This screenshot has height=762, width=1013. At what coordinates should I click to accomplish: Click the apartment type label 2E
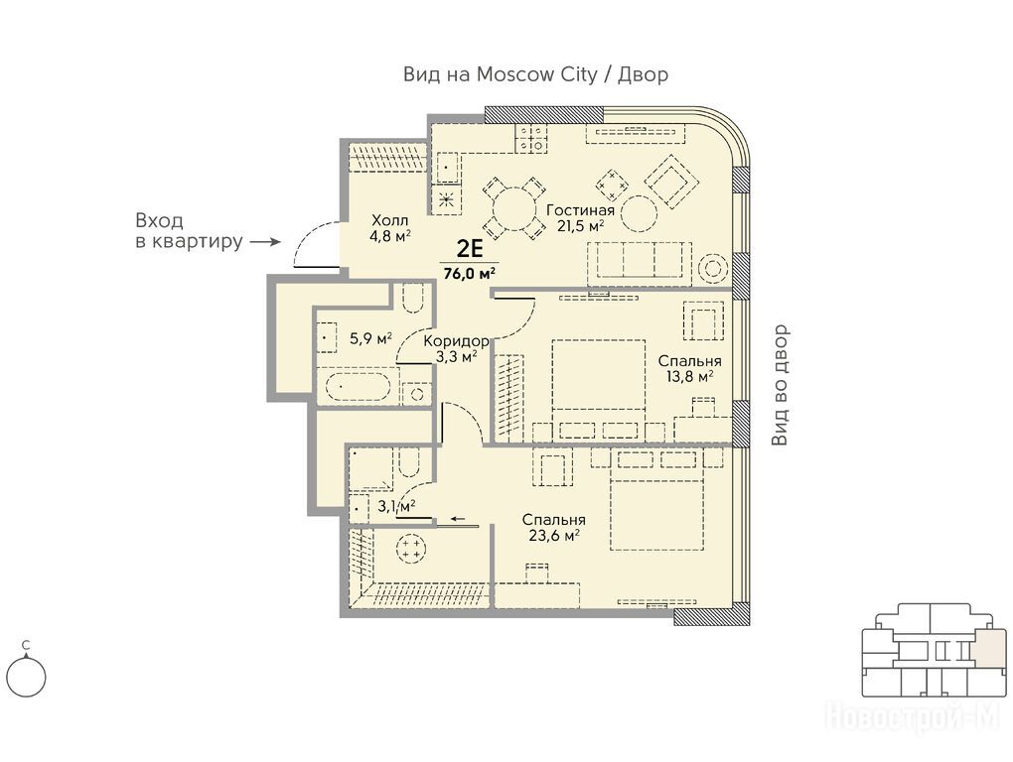coord(470,248)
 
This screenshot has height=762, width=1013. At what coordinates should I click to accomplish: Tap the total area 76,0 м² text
coord(470,273)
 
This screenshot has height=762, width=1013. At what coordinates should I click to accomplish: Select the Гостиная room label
coord(580,210)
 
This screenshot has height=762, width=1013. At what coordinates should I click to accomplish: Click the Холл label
coord(390,220)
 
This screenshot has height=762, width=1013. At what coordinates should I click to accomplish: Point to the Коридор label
coord(456,340)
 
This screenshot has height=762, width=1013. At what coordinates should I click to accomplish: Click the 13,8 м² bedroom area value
coord(690,376)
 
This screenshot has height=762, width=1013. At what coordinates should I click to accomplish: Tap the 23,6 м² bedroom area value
coord(553,535)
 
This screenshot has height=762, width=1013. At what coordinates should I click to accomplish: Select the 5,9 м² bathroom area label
coord(370,338)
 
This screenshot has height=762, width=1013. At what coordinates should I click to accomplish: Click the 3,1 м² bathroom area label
coord(396,506)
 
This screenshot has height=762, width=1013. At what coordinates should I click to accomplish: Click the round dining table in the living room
coord(514,209)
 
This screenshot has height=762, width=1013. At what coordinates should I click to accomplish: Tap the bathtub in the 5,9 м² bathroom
coord(358,387)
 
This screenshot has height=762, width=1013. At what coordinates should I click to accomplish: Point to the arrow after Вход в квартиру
coord(265,242)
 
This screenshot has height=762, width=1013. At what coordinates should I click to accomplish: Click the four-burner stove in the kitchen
coord(531,138)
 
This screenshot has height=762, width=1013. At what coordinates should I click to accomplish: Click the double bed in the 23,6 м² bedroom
coord(656,509)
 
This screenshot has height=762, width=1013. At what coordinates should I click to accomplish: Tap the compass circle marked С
coord(27,678)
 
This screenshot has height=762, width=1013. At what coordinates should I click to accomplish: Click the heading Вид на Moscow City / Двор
coord(535,74)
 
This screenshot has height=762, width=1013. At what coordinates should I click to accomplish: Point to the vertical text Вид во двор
coord(781,385)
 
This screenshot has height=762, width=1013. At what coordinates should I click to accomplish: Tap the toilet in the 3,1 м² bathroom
coord(409,463)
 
